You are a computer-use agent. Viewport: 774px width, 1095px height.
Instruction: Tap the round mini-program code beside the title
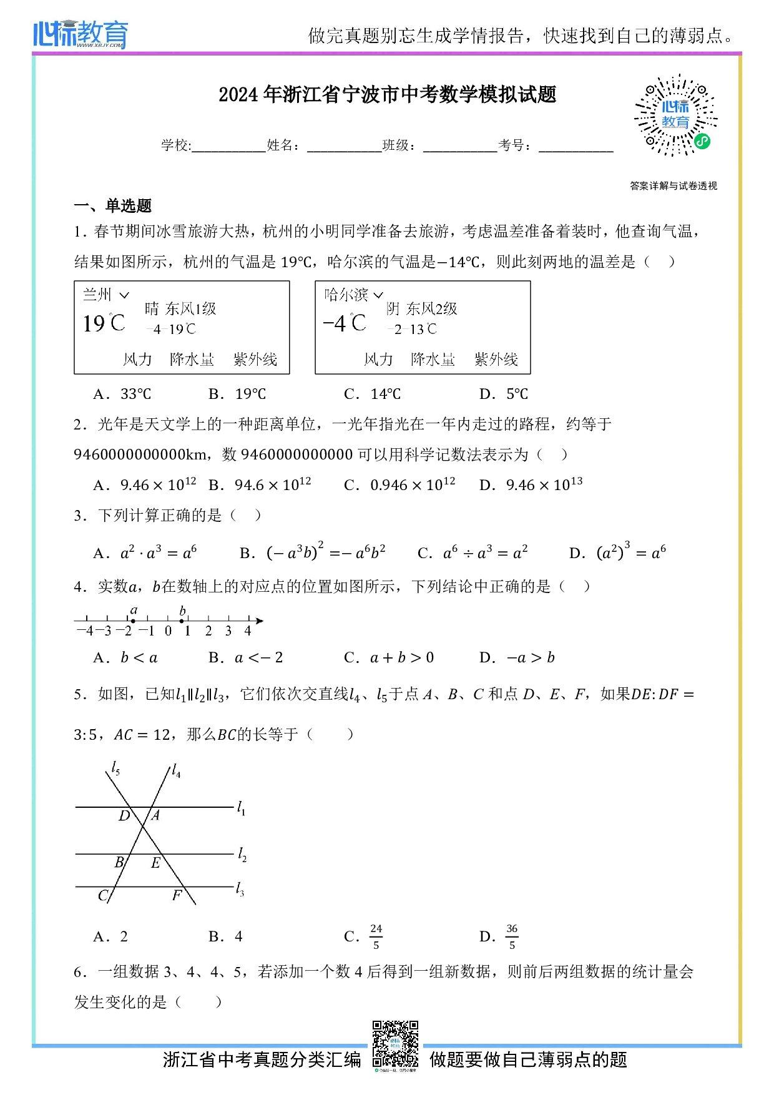point(675,115)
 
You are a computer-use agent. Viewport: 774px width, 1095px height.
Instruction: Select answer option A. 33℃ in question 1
point(122,394)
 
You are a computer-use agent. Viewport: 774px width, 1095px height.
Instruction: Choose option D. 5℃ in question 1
point(503,394)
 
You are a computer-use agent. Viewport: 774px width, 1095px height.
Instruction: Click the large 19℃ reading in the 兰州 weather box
point(104,323)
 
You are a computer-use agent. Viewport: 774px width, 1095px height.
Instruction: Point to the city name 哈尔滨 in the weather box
point(346,295)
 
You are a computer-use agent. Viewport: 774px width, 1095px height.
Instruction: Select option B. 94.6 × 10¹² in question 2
point(260,485)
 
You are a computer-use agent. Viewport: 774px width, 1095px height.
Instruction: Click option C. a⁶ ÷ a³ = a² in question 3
point(473,553)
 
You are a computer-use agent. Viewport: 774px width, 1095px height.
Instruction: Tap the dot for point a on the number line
point(133,621)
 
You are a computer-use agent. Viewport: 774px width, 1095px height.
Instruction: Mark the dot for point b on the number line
point(182,621)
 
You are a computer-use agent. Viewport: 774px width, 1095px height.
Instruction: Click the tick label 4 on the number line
point(248,631)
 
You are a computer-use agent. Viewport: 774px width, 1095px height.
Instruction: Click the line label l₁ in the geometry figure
point(241,808)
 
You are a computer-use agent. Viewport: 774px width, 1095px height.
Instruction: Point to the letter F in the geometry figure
point(177,895)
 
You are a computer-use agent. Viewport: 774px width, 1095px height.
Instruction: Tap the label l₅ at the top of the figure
point(115,768)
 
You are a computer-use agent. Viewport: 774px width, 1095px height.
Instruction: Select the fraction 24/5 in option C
point(376,936)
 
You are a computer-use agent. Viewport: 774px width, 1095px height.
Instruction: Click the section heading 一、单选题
point(113,205)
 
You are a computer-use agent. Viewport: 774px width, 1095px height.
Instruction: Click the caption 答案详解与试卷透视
point(674,185)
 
